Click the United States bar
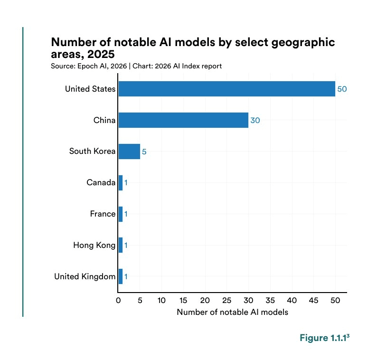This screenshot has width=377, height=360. [x=226, y=89]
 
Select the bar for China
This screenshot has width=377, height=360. [x=183, y=120]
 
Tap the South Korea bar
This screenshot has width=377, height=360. [x=129, y=152]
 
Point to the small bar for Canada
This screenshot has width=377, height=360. [x=121, y=182]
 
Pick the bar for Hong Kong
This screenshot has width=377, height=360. [x=121, y=245]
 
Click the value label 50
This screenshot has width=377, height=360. [x=342, y=89]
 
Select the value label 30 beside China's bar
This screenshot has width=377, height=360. [x=255, y=120]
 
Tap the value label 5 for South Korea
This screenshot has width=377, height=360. [x=144, y=152]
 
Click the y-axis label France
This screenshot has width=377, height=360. [x=103, y=214]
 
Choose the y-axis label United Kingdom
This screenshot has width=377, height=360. [x=85, y=276]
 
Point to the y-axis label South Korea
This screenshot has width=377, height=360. [x=92, y=152]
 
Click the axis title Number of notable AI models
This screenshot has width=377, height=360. [x=232, y=313]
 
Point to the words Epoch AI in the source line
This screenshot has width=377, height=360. [x=89, y=66]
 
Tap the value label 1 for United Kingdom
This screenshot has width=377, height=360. [x=126, y=276]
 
